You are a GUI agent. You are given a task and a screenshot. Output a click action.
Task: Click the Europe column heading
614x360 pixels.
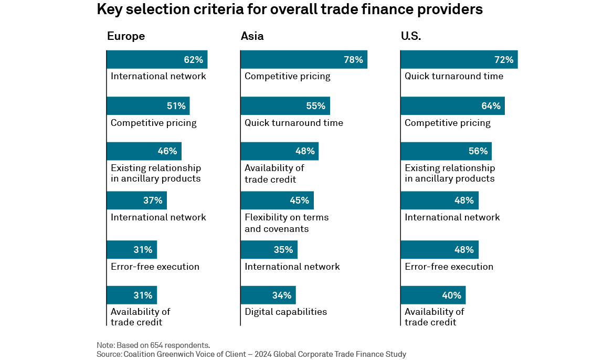pos(126,36)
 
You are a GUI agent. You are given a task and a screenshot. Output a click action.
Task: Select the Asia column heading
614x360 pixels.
pos(252,36)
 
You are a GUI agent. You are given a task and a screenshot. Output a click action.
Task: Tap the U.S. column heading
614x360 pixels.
pos(411,36)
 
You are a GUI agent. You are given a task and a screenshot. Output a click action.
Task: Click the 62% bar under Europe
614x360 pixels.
pos(157,60)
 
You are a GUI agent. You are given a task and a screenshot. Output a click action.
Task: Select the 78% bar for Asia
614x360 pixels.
pos(304,60)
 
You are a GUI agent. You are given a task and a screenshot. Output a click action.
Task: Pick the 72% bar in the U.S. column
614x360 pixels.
pos(459,60)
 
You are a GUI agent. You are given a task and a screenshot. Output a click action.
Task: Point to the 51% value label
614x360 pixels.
pos(176,106)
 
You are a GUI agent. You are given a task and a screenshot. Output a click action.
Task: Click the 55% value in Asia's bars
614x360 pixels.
pos(316,106)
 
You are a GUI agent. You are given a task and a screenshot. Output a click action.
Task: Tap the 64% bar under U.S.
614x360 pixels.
pos(452,106)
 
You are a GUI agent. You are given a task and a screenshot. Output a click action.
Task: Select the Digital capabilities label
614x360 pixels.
pos(285,312)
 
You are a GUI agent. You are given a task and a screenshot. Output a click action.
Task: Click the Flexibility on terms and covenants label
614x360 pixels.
pos(287,223)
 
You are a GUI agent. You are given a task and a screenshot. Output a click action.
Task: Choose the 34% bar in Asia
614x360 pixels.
pos(268,295)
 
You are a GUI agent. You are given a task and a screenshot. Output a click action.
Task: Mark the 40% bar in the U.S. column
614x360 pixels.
pos(433,295)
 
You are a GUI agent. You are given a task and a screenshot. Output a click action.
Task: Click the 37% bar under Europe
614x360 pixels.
pos(136,200)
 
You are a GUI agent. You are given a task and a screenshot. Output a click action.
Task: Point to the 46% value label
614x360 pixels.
pos(167,152)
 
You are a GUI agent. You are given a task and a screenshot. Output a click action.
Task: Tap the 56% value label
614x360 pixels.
pos(478,152)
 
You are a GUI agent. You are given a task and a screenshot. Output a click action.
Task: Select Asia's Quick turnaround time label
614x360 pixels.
pos(294,123)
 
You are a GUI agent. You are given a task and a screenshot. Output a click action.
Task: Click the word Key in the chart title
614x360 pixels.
pos(109,9)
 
